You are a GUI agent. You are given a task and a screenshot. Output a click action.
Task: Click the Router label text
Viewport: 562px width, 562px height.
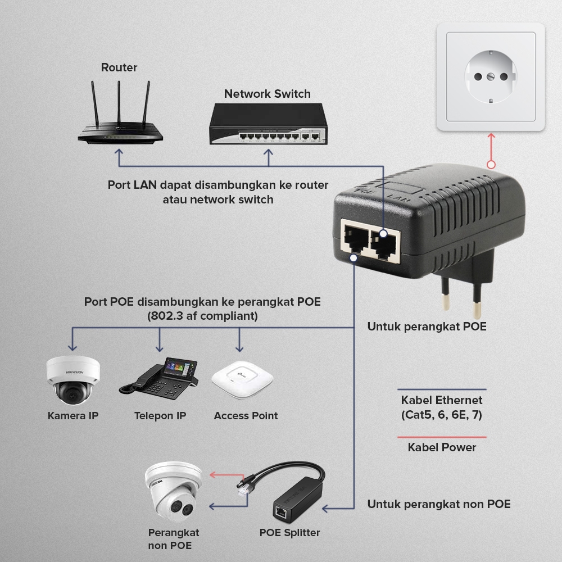pyautogui.click(x=119, y=67)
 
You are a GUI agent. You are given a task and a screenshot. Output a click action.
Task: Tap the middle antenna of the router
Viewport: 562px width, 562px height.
pyautogui.click(x=119, y=103)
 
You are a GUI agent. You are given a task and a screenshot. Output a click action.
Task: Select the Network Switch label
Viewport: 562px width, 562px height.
pyautogui.click(x=268, y=94)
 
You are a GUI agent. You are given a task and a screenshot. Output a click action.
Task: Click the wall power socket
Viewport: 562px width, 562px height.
pyautogui.click(x=491, y=76)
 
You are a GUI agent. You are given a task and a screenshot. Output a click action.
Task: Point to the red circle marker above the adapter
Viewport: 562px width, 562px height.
pyautogui.click(x=491, y=165)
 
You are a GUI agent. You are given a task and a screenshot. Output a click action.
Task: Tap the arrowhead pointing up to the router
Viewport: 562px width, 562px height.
pyautogui.click(x=119, y=152)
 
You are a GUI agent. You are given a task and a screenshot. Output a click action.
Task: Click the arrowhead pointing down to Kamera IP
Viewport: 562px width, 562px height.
pyautogui.click(x=72, y=348)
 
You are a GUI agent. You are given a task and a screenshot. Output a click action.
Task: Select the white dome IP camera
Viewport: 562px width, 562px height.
pyautogui.click(x=73, y=380)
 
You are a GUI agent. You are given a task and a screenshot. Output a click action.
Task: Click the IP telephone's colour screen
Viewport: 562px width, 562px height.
pyautogui.click(x=180, y=369)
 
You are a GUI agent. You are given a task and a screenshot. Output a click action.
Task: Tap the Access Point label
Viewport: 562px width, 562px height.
pyautogui.click(x=246, y=416)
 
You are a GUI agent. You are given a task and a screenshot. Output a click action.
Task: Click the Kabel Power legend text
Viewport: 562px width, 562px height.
pyautogui.click(x=442, y=447)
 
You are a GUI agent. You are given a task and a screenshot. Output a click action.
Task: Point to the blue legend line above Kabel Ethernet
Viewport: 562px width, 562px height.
pyautogui.click(x=442, y=389)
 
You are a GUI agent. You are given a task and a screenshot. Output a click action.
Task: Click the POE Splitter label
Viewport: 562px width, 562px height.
pyautogui.click(x=289, y=533)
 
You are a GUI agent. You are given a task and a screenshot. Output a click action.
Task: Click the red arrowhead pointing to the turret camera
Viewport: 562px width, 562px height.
pyautogui.click(x=212, y=474)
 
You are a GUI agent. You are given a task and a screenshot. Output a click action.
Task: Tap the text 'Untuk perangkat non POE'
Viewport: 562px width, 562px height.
pyautogui.click(x=439, y=504)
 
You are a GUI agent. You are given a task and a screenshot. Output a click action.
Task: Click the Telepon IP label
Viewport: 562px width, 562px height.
pyautogui.click(x=160, y=416)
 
